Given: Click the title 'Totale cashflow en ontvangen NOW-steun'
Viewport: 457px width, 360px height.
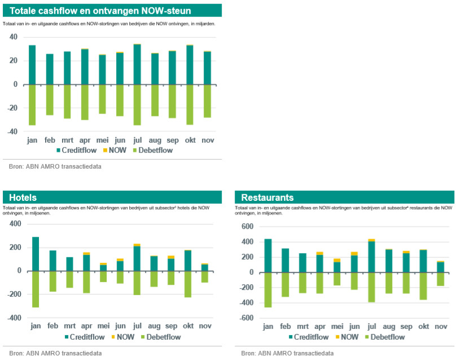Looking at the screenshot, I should tap(100, 11).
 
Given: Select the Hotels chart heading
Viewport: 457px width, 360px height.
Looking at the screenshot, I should tap(23, 197).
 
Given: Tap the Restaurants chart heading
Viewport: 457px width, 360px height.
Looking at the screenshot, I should tap(267, 197).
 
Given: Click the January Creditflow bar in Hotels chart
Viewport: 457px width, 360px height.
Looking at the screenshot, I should tap(36, 254).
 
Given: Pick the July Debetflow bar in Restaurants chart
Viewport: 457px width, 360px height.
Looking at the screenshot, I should tap(372, 287).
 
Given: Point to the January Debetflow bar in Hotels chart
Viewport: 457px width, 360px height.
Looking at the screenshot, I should tap(36, 289).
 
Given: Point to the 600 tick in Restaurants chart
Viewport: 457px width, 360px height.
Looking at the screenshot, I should tap(247, 227).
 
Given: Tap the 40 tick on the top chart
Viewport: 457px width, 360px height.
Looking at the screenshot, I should tap(13, 37).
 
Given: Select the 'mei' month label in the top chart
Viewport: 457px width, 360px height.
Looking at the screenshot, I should tap(102, 139).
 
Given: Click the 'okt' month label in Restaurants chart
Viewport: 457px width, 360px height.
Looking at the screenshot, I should tap(423, 326).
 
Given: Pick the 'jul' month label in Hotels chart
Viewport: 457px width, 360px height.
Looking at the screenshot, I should tap(137, 326).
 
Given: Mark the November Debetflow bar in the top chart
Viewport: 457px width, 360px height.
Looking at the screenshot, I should tap(207, 101).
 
